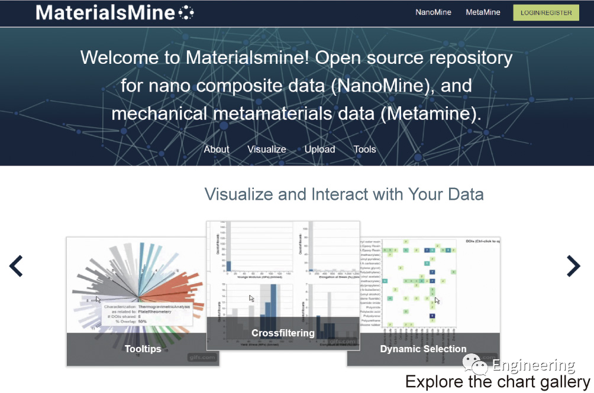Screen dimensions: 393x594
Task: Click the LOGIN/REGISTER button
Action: click(x=545, y=12)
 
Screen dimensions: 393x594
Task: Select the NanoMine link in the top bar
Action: click(x=433, y=12)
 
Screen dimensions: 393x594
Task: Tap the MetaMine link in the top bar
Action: click(x=483, y=12)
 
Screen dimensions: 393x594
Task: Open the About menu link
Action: click(x=217, y=150)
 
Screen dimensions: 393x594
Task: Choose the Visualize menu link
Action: click(x=267, y=150)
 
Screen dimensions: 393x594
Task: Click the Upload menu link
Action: click(x=319, y=150)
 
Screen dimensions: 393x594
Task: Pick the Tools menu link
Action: click(x=364, y=150)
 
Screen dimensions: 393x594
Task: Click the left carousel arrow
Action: click(x=16, y=267)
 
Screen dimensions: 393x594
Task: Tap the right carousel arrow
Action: click(x=573, y=267)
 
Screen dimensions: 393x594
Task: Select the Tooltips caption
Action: click(x=143, y=349)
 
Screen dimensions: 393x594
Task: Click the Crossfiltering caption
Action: click(x=283, y=333)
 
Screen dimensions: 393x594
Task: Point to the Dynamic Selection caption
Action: click(x=423, y=349)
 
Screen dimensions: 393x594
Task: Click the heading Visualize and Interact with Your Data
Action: click(x=344, y=194)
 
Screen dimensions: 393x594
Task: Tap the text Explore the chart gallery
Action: click(x=498, y=382)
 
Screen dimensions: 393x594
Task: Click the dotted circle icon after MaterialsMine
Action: click(x=186, y=12)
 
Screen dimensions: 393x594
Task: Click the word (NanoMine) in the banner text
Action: click(x=380, y=86)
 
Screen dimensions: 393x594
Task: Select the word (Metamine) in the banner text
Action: click(x=431, y=113)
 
